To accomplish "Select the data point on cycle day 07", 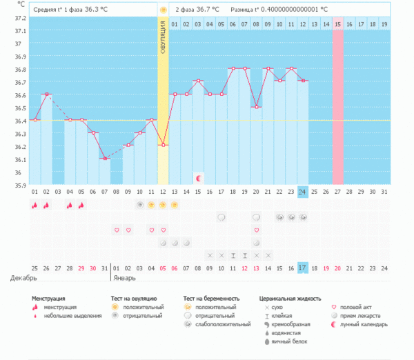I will pos(105,159).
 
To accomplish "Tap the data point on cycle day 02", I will pos(46,94).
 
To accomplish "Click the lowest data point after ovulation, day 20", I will pos(257,107).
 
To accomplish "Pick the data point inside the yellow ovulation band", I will pos(163,145).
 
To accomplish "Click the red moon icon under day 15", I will pos(199,178).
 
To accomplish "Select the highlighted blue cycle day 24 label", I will pos(303,192).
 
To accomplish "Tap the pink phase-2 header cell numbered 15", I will pos(337,25).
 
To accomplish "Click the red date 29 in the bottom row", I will pos(81,268).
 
